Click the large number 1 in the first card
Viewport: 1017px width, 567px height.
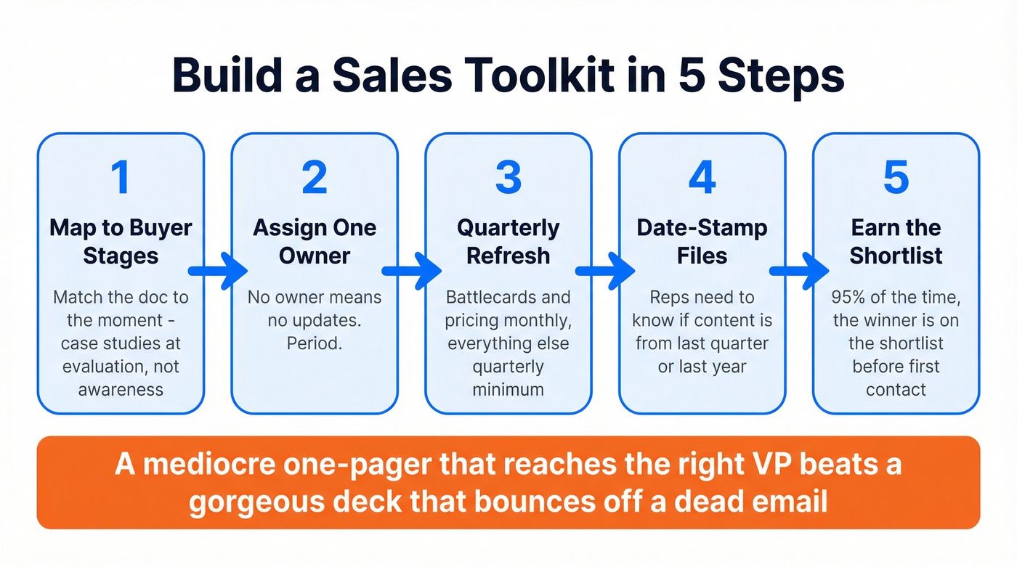121,177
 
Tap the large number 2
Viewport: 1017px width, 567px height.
314,177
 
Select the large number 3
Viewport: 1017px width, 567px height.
508,177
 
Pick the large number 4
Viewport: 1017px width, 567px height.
702,177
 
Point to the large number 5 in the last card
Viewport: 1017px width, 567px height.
896,177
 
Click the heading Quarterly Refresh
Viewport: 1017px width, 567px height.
508,242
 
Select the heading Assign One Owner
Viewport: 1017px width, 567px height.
314,242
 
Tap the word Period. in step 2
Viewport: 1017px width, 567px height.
314,343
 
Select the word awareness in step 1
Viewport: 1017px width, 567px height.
121,389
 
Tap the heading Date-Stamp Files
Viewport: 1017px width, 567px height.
702,242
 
